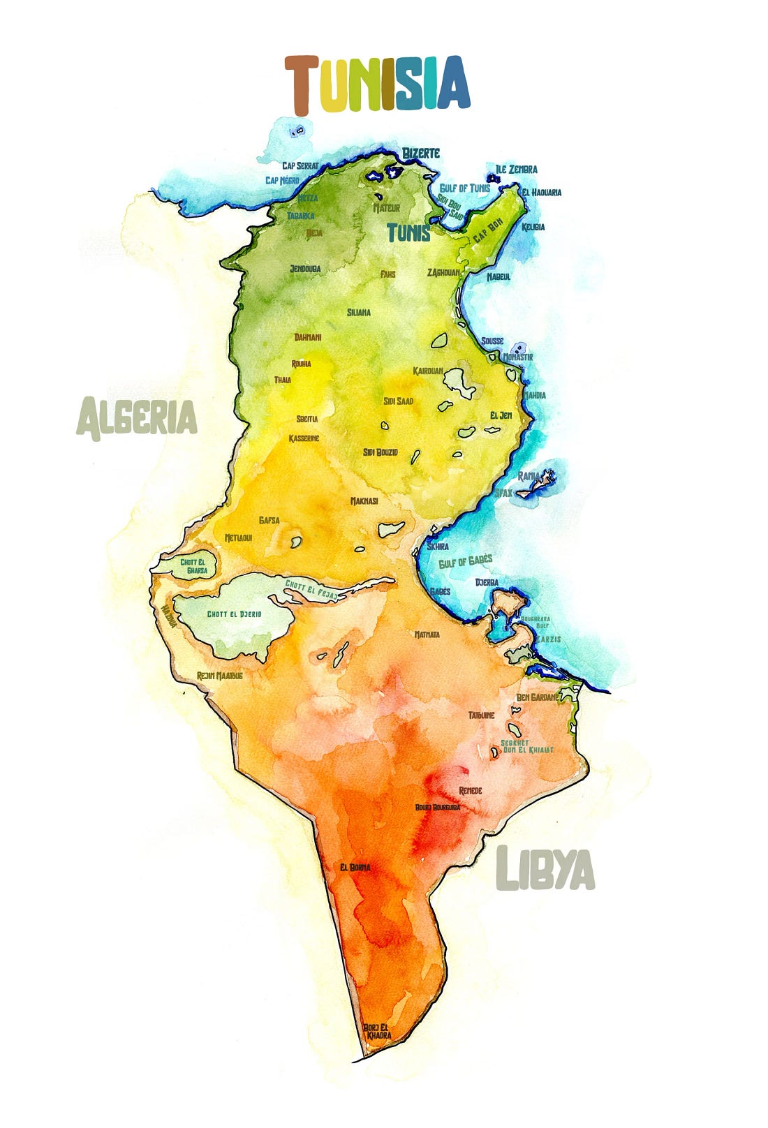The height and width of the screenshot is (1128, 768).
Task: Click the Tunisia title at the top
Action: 377,85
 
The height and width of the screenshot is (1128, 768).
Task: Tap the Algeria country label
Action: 137,418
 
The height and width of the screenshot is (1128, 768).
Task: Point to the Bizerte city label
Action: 421,153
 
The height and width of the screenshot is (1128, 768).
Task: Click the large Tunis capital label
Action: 409,232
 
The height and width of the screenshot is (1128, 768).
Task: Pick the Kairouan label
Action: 428,371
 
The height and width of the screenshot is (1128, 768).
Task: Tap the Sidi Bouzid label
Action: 381,452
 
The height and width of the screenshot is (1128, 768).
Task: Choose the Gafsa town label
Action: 269,520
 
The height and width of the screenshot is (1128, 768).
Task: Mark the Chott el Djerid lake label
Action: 235,614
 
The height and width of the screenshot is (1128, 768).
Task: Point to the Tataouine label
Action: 482,715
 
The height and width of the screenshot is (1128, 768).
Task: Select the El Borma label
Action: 355,868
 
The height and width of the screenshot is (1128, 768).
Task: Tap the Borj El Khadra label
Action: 377,1031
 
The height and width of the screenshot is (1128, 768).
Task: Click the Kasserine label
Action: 304,438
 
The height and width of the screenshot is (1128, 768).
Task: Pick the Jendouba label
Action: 305,269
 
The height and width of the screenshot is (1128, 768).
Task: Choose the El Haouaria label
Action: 541,193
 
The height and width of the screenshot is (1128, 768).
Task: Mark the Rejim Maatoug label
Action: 219,676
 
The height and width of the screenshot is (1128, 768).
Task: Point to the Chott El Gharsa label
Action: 193,566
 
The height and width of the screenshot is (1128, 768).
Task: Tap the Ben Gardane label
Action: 537,697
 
